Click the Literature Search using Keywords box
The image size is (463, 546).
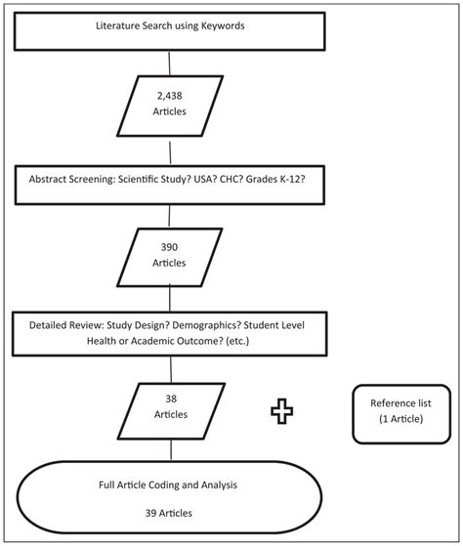[170, 27]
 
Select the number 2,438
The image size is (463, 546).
[171, 98]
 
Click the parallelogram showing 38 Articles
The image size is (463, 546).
[171, 407]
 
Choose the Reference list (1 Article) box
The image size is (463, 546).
[398, 409]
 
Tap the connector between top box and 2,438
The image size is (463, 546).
[171, 63]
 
